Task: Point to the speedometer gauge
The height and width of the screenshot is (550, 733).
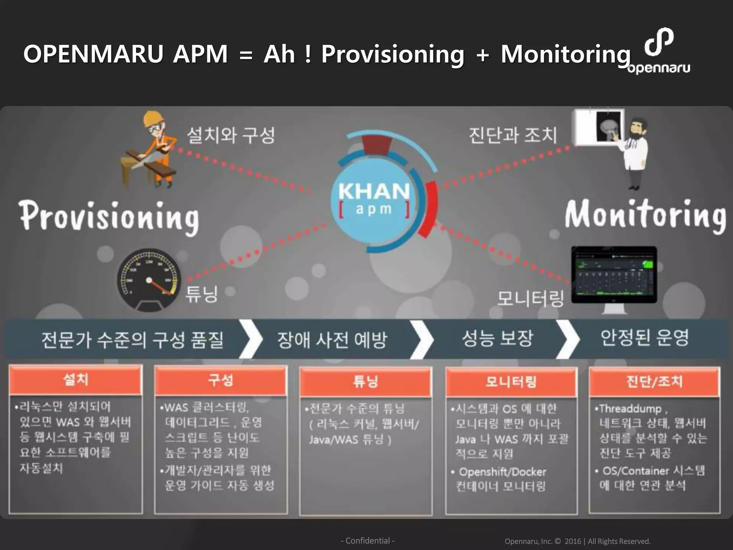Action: [149, 279]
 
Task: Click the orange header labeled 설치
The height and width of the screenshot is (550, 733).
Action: [76, 380]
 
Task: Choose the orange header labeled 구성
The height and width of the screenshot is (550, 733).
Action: [221, 381]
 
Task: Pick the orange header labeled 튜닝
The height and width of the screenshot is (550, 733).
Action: [365, 382]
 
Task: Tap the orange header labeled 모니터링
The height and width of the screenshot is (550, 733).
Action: [511, 382]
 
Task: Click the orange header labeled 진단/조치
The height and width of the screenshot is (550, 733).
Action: [654, 382]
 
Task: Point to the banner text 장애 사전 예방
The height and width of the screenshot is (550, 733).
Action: [332, 339]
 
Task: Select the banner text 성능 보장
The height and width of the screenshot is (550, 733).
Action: [497, 338]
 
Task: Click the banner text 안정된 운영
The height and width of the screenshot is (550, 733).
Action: [645, 338]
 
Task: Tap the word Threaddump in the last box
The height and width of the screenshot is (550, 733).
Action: [630, 409]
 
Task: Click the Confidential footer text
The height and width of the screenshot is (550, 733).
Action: [368, 541]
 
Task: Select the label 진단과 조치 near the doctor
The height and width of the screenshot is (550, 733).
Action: [513, 135]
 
